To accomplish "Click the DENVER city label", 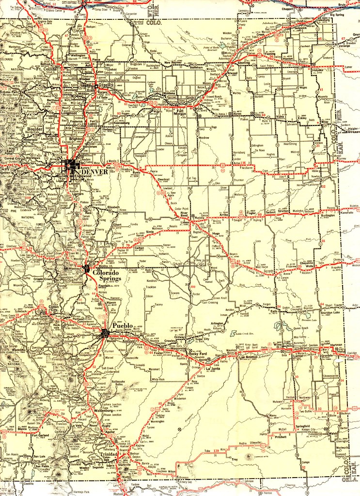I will pyautogui.click(x=96, y=172).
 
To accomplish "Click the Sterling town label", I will pyautogui.click(x=244, y=63).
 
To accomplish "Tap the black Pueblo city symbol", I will pyautogui.click(x=105, y=333).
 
